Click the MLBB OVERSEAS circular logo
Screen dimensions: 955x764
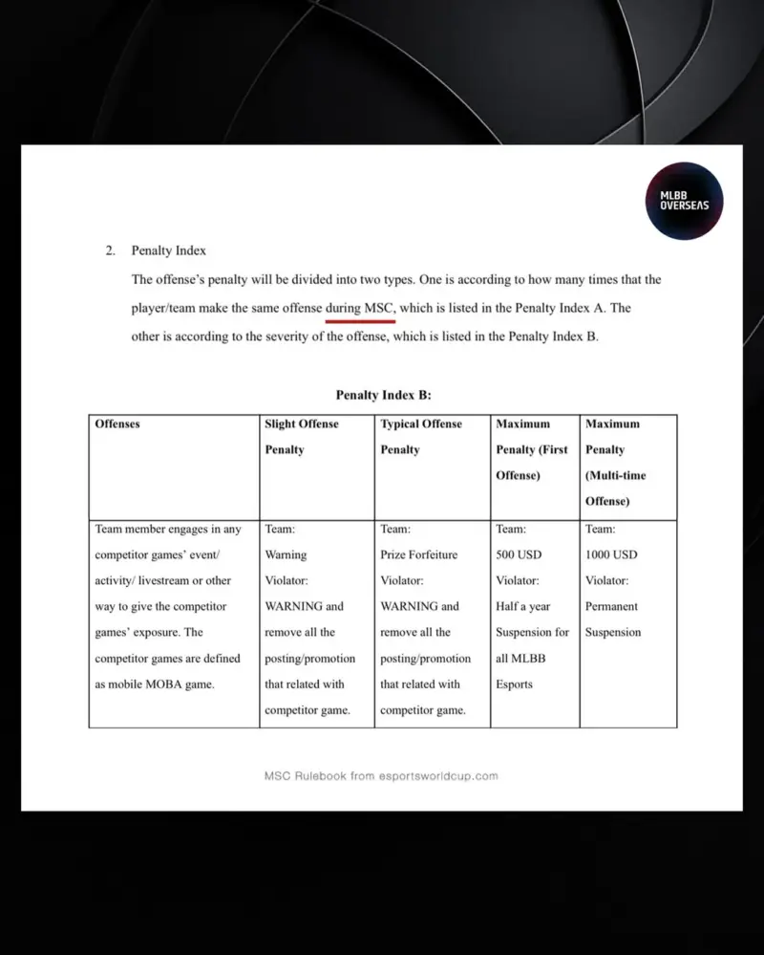click(x=684, y=200)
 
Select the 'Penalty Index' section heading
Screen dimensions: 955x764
click(x=168, y=250)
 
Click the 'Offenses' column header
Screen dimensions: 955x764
click(x=117, y=423)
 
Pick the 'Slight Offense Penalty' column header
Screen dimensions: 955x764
click(x=301, y=436)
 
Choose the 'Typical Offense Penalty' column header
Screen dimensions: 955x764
click(x=420, y=436)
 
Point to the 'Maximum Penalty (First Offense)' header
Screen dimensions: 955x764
click(x=531, y=449)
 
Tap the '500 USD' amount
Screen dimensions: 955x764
click(x=519, y=554)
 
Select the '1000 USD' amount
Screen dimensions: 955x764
click(x=611, y=554)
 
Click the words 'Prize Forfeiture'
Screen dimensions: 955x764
click(x=418, y=554)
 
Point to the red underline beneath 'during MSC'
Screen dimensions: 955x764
click(x=360, y=322)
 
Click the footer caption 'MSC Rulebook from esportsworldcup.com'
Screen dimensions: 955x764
click(x=381, y=776)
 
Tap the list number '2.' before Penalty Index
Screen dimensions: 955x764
click(x=111, y=250)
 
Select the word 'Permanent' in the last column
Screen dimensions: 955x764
click(x=611, y=606)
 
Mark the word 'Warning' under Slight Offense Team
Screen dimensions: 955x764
click(x=286, y=554)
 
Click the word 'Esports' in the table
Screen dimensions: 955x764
click(x=514, y=684)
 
